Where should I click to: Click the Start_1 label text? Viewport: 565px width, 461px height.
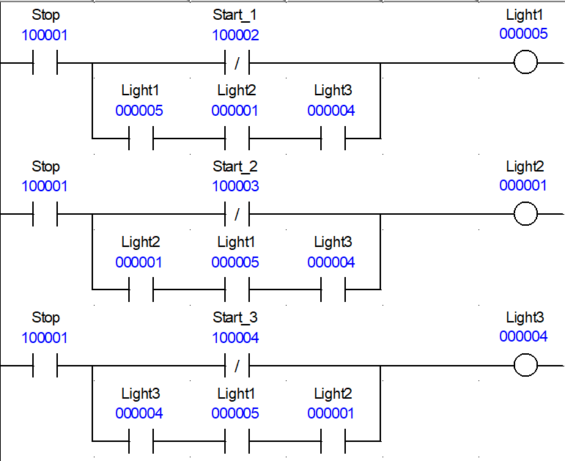click(235, 15)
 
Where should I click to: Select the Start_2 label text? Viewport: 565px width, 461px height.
click(235, 166)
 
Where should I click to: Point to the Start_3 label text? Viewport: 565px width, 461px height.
click(235, 317)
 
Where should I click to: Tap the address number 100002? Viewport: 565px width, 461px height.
click(235, 34)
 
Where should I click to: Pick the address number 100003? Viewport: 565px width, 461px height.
click(235, 186)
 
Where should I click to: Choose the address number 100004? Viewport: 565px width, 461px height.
click(235, 338)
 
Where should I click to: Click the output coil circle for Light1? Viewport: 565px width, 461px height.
click(525, 63)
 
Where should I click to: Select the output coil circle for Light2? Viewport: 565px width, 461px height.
click(525, 214)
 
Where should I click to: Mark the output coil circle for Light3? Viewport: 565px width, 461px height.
click(525, 364)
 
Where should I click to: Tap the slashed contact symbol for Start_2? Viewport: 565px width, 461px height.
click(237, 215)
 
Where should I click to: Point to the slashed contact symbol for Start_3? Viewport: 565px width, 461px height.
click(237, 365)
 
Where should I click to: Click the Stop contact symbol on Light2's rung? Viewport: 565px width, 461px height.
click(45, 215)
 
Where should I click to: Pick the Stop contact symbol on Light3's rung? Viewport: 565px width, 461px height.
click(45, 365)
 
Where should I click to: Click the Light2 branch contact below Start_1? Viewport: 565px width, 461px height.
click(237, 138)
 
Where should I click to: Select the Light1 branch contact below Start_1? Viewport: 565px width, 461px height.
click(141, 138)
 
